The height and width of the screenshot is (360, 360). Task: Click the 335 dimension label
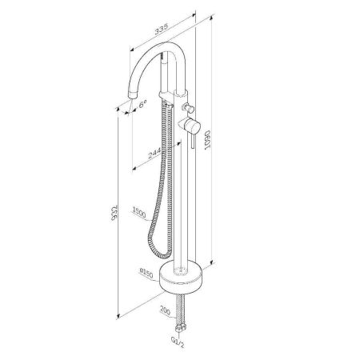pos(162,30)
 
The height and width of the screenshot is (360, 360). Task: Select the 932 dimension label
pos(114,214)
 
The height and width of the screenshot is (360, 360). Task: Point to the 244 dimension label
pos(154,154)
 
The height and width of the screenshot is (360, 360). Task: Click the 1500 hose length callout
pos(139,214)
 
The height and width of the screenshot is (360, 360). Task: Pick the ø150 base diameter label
pos(146,274)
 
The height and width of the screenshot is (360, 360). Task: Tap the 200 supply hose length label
pos(165,310)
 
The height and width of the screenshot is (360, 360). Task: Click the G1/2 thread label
pos(178,342)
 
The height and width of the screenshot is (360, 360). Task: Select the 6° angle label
pos(143,103)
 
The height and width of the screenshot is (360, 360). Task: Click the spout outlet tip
pos(133,95)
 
